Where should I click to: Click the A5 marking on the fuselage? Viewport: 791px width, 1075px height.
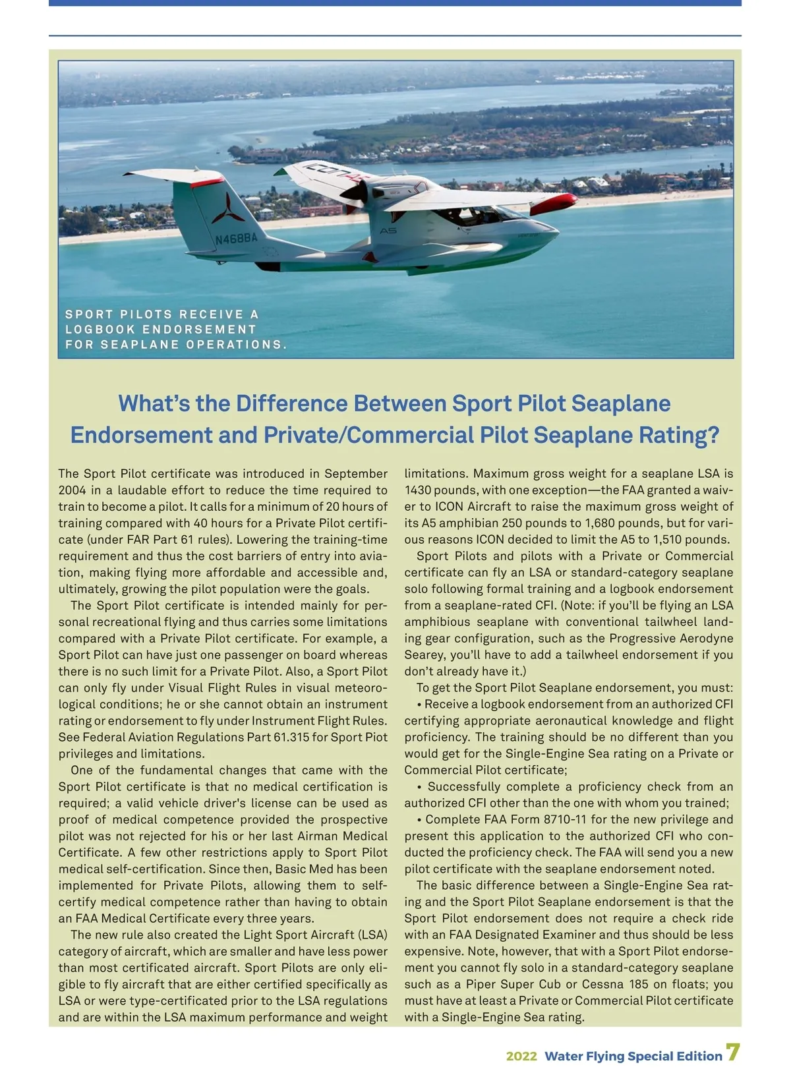coord(388,231)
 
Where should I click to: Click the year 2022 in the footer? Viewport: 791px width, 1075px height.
coord(521,1056)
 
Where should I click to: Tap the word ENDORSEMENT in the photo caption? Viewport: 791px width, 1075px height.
coord(199,329)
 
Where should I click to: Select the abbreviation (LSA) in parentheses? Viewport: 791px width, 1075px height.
coord(372,935)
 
